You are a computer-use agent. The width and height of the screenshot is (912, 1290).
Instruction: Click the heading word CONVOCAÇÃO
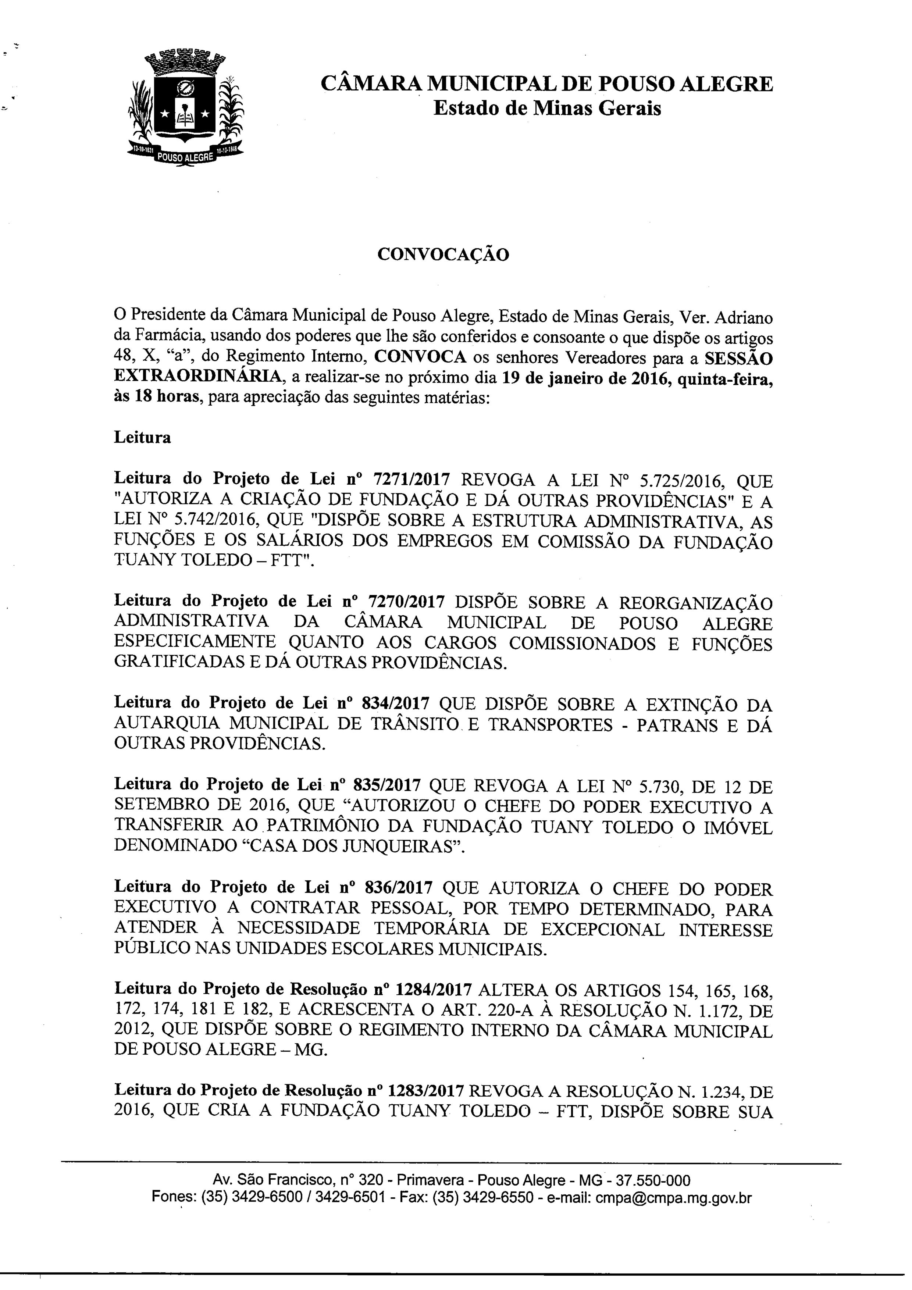(x=443, y=254)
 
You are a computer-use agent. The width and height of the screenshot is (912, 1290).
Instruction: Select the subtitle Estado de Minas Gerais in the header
(x=547, y=108)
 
